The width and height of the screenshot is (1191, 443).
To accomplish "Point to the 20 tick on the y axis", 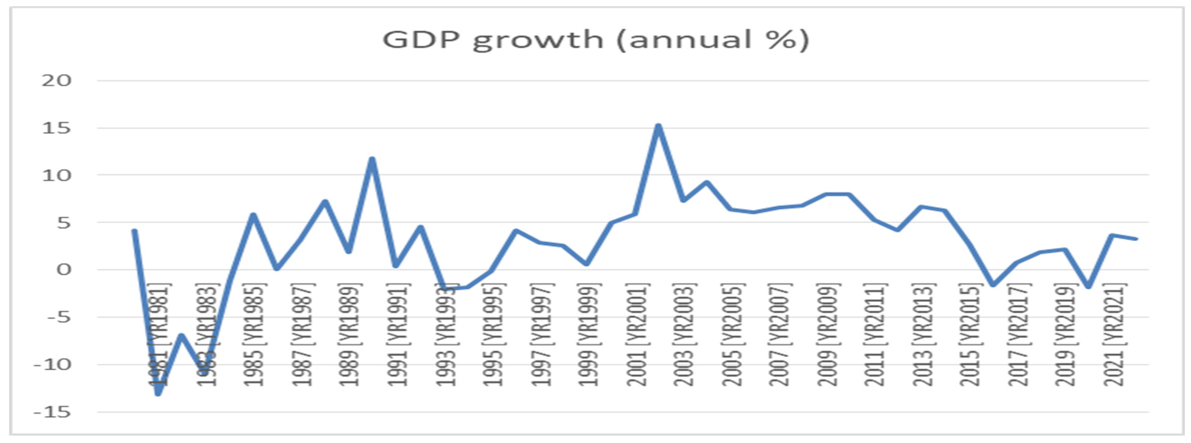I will [x=57, y=81].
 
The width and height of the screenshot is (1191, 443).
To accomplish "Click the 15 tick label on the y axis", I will [x=57, y=128].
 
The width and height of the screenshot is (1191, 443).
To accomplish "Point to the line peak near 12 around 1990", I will [x=372, y=159].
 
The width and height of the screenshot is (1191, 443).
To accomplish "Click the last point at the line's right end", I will [x=1135, y=239].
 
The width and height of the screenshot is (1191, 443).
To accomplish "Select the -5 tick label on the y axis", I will [x=57, y=318].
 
